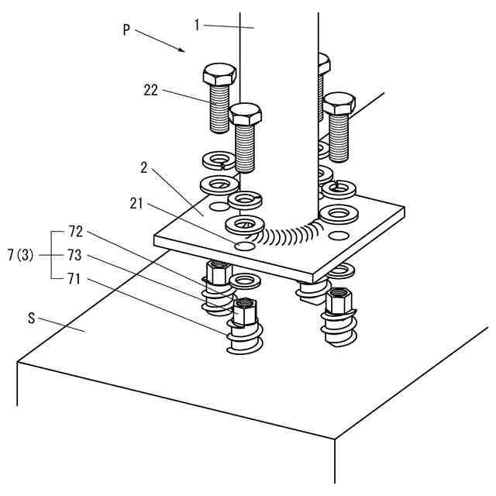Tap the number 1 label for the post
tap(198, 26)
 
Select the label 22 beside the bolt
tap(150, 90)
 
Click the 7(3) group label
tap(20, 254)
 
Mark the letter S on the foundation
tap(31, 318)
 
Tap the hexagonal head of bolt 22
tap(219, 74)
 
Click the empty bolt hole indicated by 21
tap(246, 246)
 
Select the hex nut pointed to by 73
tap(245, 311)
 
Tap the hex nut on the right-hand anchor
tap(339, 299)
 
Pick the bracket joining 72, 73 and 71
tap(52, 253)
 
